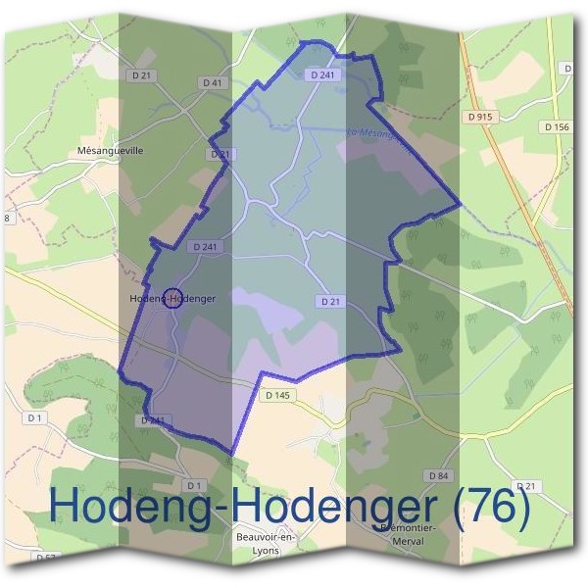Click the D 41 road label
[x=214, y=83]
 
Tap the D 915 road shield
[x=480, y=117]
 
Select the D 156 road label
[x=555, y=126]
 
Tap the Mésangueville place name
[x=110, y=152]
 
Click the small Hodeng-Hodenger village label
[x=172, y=297]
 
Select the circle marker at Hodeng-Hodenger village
[x=171, y=297]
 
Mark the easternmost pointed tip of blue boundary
[x=460, y=206]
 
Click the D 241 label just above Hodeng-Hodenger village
[x=205, y=247]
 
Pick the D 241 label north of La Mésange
[x=322, y=74]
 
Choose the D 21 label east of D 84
[x=527, y=486]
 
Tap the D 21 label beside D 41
[x=146, y=74]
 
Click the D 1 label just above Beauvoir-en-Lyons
[x=193, y=485]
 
